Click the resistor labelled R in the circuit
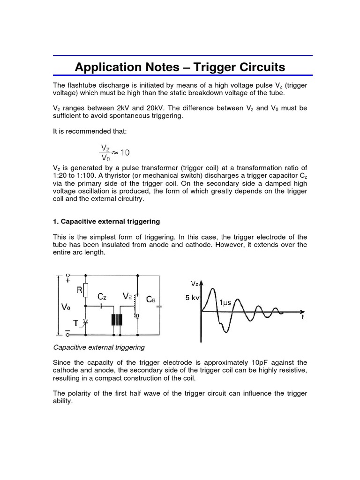[86, 291]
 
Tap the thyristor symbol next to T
[85, 322]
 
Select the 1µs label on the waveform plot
[226, 303]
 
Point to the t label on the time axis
[302, 317]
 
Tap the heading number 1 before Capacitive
[55, 221]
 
